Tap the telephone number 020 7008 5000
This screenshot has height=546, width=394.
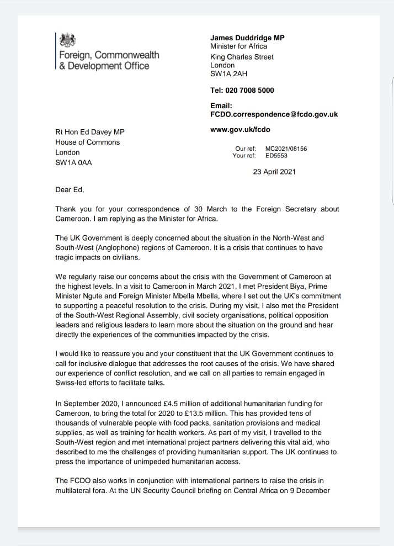[x=251, y=90]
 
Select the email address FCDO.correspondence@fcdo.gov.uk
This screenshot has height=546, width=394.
[x=274, y=114]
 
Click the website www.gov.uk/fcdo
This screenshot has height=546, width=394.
[x=240, y=130]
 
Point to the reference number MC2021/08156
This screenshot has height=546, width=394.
[x=286, y=149]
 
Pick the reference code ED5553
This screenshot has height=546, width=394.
[x=277, y=156]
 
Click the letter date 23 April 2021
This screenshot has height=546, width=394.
[x=274, y=171]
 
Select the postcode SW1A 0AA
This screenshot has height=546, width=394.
[x=73, y=162]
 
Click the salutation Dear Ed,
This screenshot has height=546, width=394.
[x=71, y=190]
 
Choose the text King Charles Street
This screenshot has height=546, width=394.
[x=242, y=57]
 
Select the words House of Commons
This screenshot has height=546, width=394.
[x=87, y=142]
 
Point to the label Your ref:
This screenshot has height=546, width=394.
[x=244, y=156]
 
